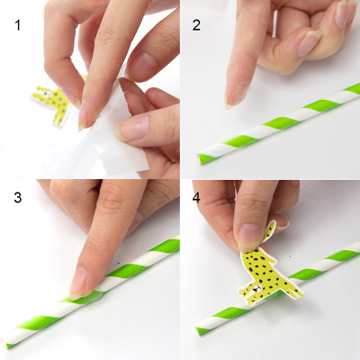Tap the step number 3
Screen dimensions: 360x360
[x=18, y=196]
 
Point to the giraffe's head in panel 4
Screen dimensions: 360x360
[x=265, y=231]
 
